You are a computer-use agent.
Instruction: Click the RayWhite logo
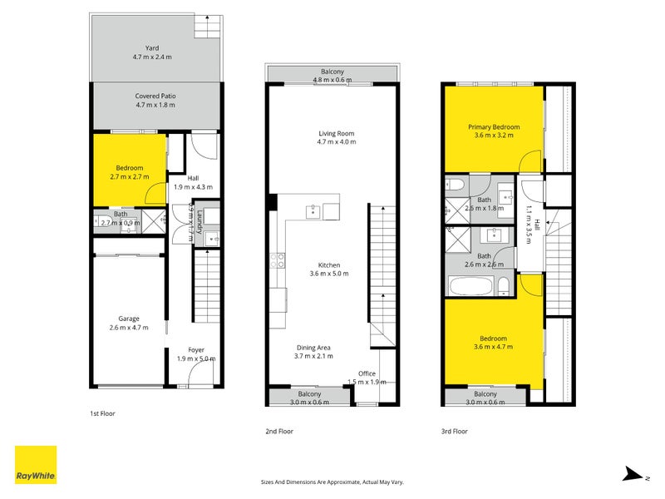coord(36,465)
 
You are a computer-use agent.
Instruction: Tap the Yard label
coord(150,48)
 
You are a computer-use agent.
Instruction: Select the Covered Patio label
coord(155,96)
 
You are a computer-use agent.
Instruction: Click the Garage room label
coord(128,319)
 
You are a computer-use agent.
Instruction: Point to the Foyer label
coord(196,350)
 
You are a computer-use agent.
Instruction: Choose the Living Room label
coord(337,133)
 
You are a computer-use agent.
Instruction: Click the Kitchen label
coord(328,265)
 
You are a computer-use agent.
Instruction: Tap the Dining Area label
coord(313,348)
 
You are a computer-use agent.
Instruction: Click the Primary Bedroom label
coord(496,127)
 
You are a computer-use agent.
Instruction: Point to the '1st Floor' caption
coord(103,413)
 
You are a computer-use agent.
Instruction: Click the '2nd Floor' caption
coord(279,431)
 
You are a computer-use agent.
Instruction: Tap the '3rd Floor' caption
coord(455,431)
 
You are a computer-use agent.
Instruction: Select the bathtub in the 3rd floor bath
coord(470,287)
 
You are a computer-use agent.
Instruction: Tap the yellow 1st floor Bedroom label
coord(129,168)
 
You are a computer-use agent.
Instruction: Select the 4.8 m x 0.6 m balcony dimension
coord(332,81)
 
